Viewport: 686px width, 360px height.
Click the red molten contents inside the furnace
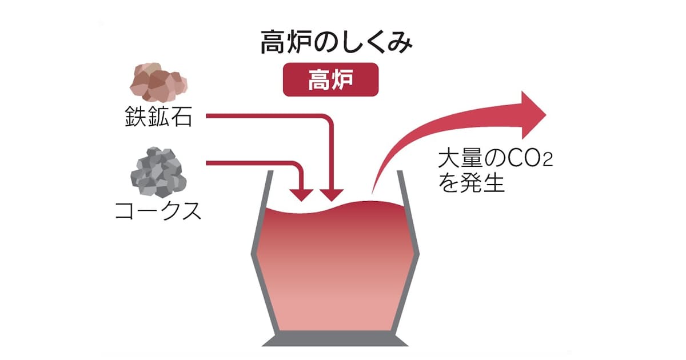[x=336, y=269]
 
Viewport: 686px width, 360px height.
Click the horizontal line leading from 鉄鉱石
[x=263, y=117]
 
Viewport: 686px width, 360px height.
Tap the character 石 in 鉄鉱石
[x=184, y=117]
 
